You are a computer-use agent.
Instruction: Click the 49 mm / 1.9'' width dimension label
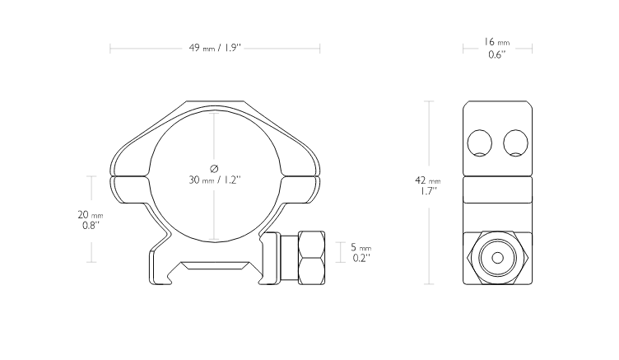click(215, 48)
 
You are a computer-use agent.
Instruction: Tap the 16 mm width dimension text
click(497, 41)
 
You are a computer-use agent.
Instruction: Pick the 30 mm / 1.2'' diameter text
click(215, 180)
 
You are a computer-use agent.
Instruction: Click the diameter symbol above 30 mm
click(214, 169)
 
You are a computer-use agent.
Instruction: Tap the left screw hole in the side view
click(480, 143)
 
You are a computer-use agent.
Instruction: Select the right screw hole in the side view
click(515, 143)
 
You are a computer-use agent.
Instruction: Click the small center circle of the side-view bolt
click(497, 258)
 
